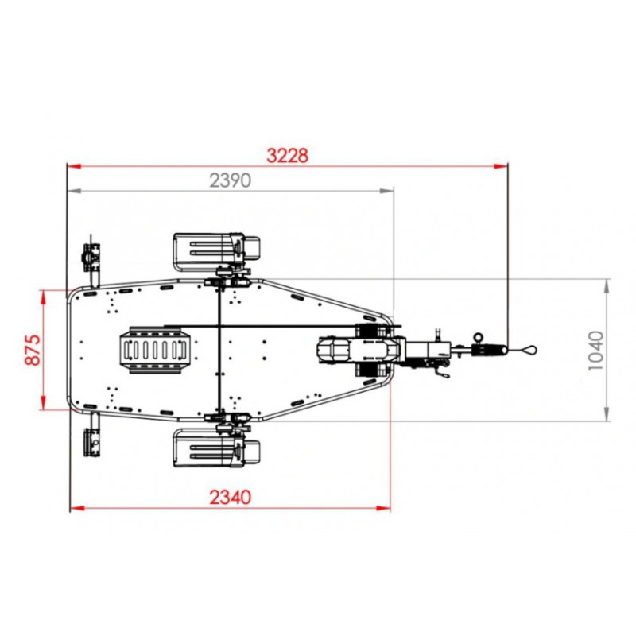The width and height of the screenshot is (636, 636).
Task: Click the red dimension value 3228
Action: [287, 156]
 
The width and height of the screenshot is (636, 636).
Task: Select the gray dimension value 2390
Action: [230, 180]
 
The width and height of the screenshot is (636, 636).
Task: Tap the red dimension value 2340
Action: [230, 498]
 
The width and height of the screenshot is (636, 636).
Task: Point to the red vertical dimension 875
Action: [33, 350]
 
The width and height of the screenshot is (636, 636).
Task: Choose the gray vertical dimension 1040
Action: [595, 351]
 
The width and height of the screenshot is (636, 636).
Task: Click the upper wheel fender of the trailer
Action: [216, 252]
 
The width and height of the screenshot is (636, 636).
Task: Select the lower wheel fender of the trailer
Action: [216, 448]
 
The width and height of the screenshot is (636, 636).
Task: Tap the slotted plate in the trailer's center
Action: [154, 350]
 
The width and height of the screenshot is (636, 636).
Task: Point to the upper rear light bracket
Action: [91, 258]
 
